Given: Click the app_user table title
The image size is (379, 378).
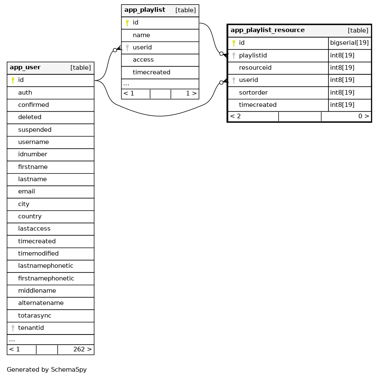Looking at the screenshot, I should point(25,68).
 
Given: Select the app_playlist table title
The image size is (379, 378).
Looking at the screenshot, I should point(145,10).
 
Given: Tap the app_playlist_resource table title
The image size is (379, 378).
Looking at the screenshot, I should point(267,30).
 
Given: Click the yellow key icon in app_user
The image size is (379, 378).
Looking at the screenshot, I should point(13,80).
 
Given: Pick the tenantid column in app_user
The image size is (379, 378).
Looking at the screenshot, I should point(31,328).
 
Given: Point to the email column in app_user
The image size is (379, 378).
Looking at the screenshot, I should point(26,191).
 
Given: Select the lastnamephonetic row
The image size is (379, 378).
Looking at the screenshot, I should point(46,266).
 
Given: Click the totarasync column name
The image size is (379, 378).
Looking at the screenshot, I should point(32,315).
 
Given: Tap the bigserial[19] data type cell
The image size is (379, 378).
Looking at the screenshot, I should point(349,43).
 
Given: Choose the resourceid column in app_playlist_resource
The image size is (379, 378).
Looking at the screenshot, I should point(255,68).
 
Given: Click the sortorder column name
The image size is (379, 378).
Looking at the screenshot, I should point(253,92).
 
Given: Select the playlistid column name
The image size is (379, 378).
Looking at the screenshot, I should point(253,55).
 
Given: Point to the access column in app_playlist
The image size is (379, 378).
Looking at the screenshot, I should point(143,60).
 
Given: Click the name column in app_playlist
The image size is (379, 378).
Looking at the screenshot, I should point(141,35).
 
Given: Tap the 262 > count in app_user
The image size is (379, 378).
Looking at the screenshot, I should point(82,349).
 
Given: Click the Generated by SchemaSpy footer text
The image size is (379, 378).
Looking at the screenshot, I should point(47,370).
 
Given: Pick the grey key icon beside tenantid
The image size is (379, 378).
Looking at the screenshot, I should point(13,328).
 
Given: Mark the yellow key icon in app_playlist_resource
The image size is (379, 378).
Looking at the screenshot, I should point(234,43).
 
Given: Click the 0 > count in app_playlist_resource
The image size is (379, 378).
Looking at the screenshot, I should point(363,116).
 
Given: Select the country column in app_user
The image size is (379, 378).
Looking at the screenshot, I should point(30,216).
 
